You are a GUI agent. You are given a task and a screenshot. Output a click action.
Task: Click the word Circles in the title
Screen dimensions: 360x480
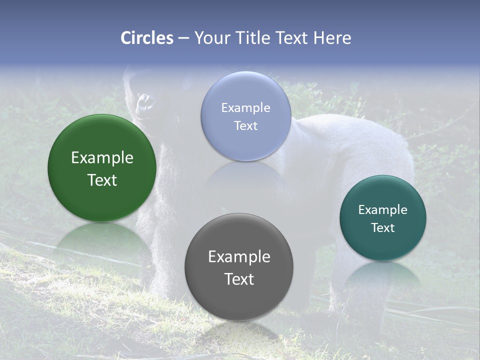pos(147,38)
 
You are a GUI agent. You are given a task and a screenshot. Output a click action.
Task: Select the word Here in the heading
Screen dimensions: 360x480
pos(332,38)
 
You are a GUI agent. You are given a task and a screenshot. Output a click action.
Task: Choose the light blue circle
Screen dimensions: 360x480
pos(246,90)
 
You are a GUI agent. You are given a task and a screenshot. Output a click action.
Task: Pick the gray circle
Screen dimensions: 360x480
pos(239,300)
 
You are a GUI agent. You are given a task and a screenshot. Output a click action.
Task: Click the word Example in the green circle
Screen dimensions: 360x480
pos(102,158)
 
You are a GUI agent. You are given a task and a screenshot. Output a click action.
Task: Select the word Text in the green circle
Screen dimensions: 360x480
pos(102,180)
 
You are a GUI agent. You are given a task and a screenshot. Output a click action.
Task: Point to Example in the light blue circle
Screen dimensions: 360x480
pos(246,107)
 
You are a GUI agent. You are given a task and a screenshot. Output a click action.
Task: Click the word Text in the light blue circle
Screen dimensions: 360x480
pos(246,125)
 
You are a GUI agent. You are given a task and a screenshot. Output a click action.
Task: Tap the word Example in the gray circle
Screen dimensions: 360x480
pos(239,257)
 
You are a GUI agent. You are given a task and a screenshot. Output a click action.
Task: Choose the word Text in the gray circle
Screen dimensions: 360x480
pos(239,279)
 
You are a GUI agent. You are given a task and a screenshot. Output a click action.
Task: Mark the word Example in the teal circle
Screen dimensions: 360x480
pos(383,209)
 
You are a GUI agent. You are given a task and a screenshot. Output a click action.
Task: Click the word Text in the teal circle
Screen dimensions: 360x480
pos(383,227)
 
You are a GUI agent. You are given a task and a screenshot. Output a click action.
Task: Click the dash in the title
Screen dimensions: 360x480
pos(183,38)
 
